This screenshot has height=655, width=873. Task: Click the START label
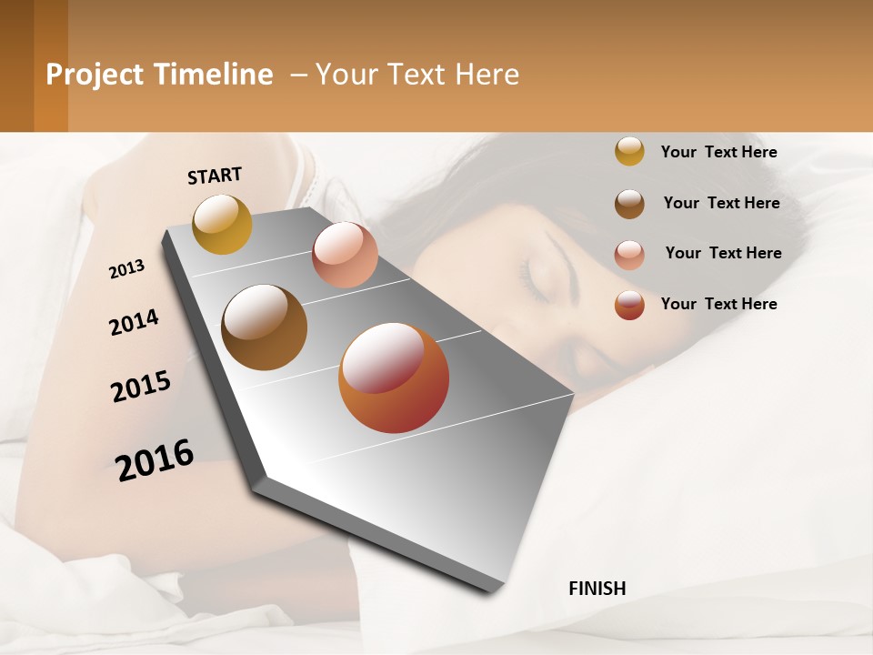[x=215, y=176]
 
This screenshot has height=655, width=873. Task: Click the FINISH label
[x=597, y=589]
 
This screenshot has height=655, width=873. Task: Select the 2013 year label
[x=126, y=269]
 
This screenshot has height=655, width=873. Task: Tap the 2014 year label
[x=134, y=322]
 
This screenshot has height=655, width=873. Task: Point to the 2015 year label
[x=141, y=387]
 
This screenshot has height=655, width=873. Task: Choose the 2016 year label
[x=155, y=459]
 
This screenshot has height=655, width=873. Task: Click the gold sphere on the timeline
[x=222, y=224]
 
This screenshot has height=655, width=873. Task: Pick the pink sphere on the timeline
[x=345, y=255]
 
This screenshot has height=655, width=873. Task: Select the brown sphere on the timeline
[x=264, y=327]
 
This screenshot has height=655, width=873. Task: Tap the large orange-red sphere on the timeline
[x=393, y=378]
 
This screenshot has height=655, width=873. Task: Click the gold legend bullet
[x=629, y=151]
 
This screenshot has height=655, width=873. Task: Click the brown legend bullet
[x=629, y=204]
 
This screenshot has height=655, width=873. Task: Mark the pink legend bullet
[x=629, y=255]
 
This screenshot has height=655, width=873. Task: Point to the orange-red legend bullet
[x=629, y=305]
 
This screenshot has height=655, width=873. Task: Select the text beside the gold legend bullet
[x=718, y=152]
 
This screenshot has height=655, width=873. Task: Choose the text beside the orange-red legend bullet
[x=718, y=304]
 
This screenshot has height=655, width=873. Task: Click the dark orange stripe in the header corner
[x=51, y=65]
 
